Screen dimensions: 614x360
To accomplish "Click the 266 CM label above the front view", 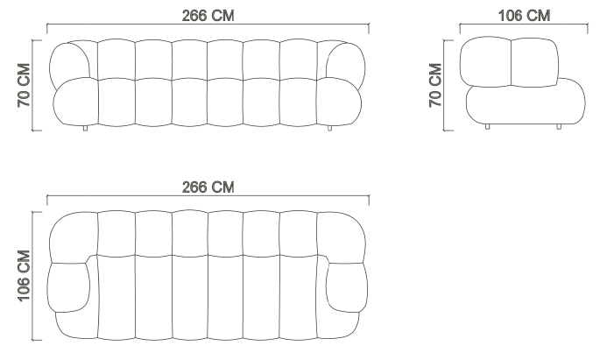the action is [208, 16].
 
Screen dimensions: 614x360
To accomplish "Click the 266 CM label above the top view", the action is [208, 187].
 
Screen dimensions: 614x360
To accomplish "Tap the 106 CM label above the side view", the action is [524, 16].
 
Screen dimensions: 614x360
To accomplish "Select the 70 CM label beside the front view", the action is [24, 85].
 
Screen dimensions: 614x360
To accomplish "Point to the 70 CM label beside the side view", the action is [435, 85].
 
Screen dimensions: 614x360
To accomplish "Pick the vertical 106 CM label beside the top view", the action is [24, 276].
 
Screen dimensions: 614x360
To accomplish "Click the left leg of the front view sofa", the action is [85, 128].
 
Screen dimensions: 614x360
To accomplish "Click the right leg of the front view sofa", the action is [329, 128].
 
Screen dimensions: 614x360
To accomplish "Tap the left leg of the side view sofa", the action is [487, 126].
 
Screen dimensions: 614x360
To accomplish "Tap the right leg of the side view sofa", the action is [559, 126].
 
